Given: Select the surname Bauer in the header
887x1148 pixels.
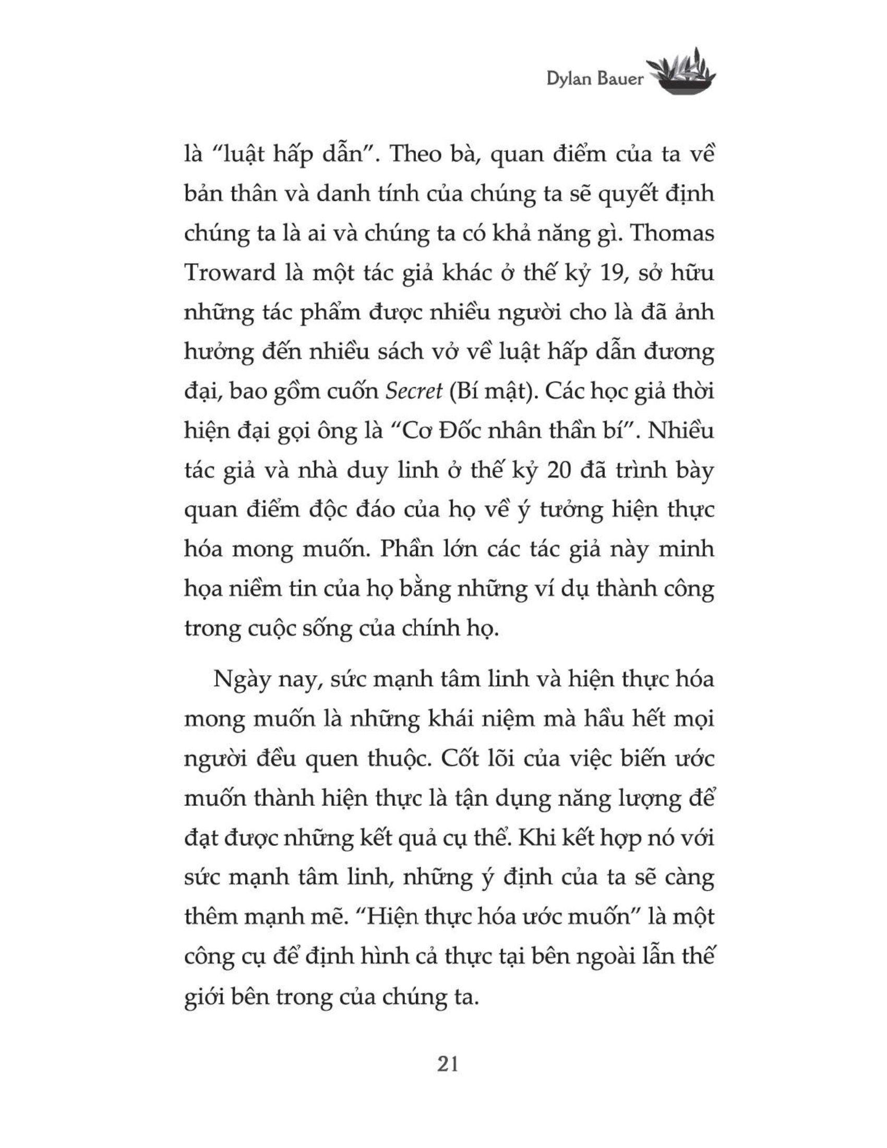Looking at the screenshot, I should (620, 79).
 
